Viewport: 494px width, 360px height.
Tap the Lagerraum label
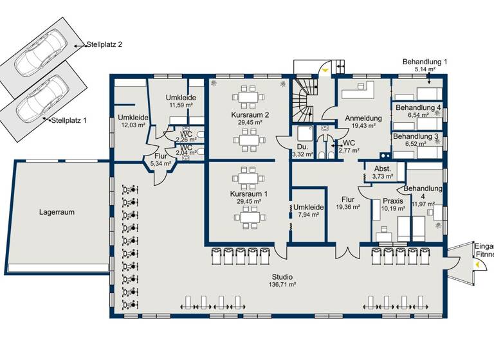click(x=56, y=211)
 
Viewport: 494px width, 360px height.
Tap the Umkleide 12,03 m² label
click(x=134, y=121)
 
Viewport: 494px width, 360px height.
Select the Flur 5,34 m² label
click(x=161, y=159)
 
